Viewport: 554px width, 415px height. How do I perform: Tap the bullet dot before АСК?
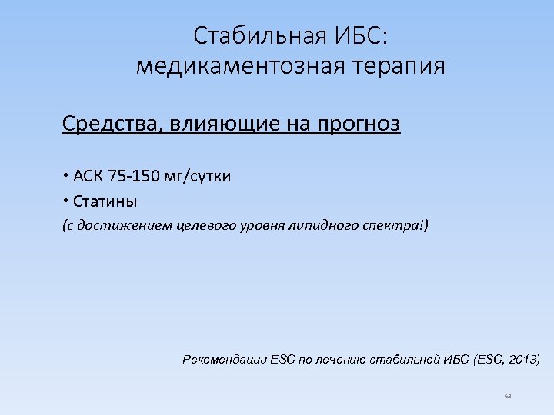66,176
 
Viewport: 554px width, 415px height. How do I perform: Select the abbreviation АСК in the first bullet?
89,176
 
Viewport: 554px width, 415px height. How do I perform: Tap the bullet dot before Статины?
66,201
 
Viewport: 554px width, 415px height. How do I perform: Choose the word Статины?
105,201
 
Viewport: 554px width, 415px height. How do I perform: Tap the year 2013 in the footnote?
523,359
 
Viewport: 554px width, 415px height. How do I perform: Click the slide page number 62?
508,396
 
